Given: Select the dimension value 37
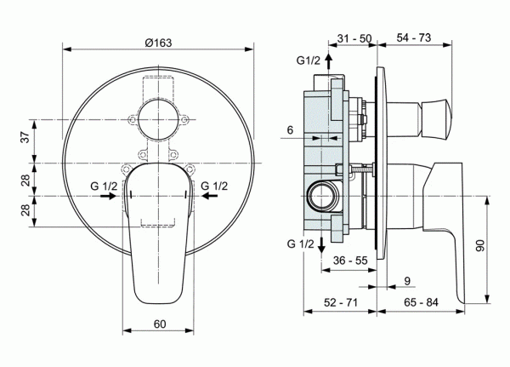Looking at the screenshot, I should pos(25,139).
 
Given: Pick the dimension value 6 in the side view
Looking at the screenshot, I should pos(290,129).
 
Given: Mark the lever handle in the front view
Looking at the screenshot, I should pos(160,238).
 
